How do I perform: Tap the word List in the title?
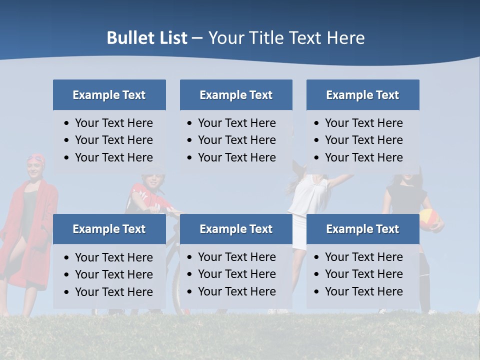(x=171, y=38)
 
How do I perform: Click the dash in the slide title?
(x=197, y=38)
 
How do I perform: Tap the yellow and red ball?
(x=429, y=219)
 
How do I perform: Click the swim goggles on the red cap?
(x=35, y=159)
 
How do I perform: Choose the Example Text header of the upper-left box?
(x=109, y=95)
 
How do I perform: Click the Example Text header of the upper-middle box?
(x=236, y=95)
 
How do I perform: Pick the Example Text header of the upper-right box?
(x=362, y=95)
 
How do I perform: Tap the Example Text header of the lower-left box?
(x=109, y=229)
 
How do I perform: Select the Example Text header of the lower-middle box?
(x=236, y=229)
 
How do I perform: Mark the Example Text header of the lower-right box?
(x=362, y=229)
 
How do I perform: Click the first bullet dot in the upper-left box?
(x=67, y=123)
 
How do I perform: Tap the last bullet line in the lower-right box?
(x=363, y=291)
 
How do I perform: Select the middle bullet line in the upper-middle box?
(x=236, y=140)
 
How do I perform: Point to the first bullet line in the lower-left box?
(x=113, y=257)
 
